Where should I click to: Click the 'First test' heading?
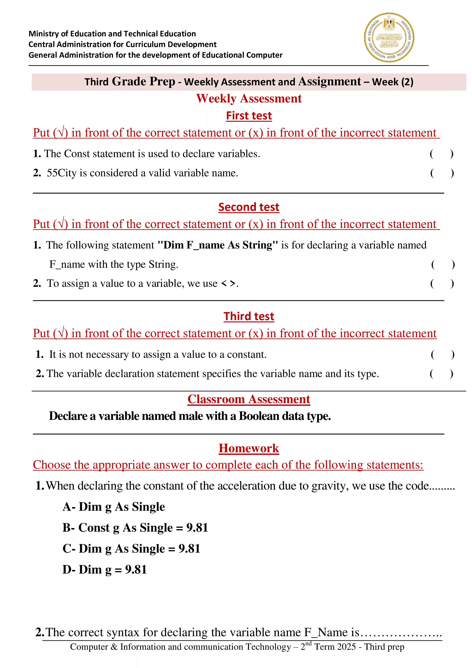pyautogui.click(x=249, y=116)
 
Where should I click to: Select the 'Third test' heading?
pyautogui.click(x=249, y=316)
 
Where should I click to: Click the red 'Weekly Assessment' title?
pyautogui.click(x=249, y=98)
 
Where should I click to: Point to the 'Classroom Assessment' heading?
pyautogui.click(x=249, y=399)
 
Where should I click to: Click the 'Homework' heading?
pyautogui.click(x=249, y=448)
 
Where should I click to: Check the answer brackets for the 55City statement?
pyautogui.click(x=442, y=173)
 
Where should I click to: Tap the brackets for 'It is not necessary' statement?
pyautogui.click(x=442, y=354)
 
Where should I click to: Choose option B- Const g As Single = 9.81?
pyautogui.click(x=135, y=527)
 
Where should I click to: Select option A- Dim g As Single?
pyautogui.click(x=114, y=507)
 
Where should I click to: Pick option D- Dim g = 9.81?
pyautogui.click(x=105, y=569)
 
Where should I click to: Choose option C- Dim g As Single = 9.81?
pyautogui.click(x=131, y=548)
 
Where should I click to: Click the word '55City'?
pyautogui.click(x=61, y=173)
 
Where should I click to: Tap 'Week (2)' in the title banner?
pyautogui.click(x=392, y=82)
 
